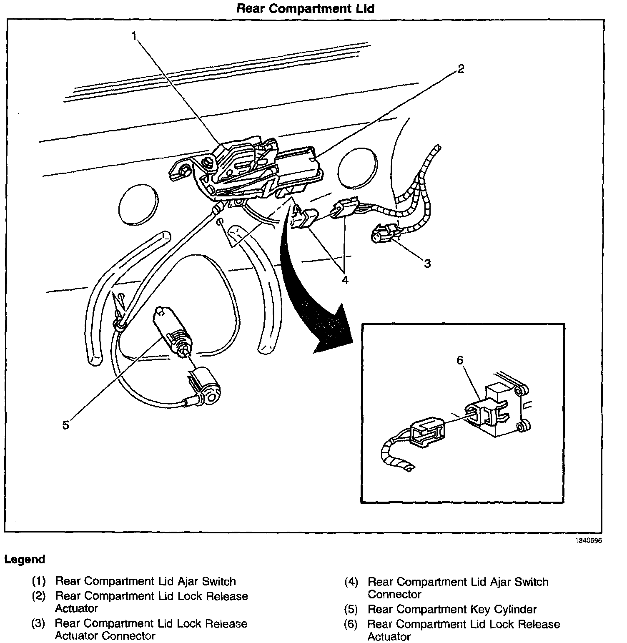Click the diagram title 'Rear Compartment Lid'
(305, 8)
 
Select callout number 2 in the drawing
(460, 69)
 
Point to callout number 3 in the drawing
(427, 264)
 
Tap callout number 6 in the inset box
(460, 360)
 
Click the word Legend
(25, 559)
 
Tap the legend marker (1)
(39, 581)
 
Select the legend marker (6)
(351, 624)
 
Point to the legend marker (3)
(39, 624)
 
